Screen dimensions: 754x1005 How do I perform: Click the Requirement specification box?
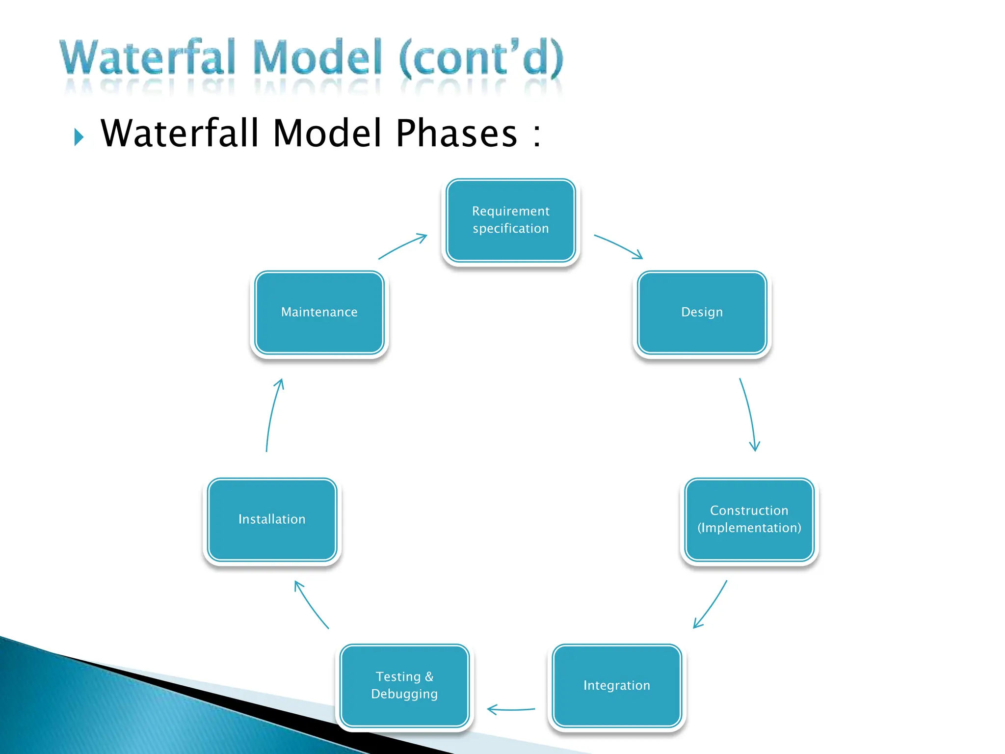[x=510, y=220]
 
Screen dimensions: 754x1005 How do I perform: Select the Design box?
[x=702, y=312]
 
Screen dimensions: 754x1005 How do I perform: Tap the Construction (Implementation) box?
[x=749, y=519]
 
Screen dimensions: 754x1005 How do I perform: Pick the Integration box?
[x=616, y=685]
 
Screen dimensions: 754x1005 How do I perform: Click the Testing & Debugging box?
[x=404, y=685]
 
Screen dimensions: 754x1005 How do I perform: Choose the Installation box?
[x=272, y=519]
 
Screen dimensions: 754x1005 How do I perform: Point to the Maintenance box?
[x=319, y=312]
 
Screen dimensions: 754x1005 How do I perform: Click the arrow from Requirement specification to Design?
[x=618, y=245]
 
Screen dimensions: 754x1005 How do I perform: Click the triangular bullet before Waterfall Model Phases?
[x=79, y=137]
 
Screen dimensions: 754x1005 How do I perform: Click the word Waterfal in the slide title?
[x=147, y=58]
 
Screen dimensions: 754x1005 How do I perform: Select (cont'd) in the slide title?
[x=481, y=58]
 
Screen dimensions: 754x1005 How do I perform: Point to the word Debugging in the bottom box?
[x=404, y=694]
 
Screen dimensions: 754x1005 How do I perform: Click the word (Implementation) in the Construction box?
[x=749, y=528]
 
